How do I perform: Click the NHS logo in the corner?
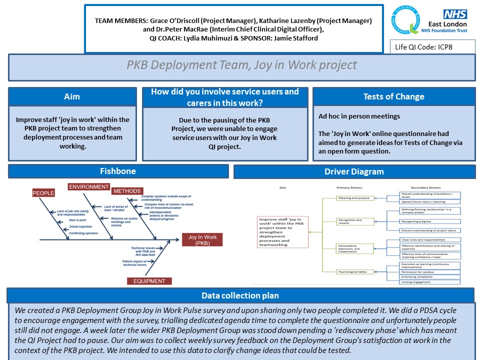[454, 14]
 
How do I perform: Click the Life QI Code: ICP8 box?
[432, 47]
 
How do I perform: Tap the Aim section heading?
[72, 96]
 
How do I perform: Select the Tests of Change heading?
[393, 96]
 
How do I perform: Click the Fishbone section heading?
[118, 171]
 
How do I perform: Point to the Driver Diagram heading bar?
[354, 171]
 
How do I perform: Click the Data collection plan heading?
[240, 295]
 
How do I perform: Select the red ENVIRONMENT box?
[88, 187]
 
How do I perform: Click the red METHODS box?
[126, 191]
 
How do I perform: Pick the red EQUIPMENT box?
[149, 281]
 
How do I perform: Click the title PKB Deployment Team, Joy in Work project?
[241, 65]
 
